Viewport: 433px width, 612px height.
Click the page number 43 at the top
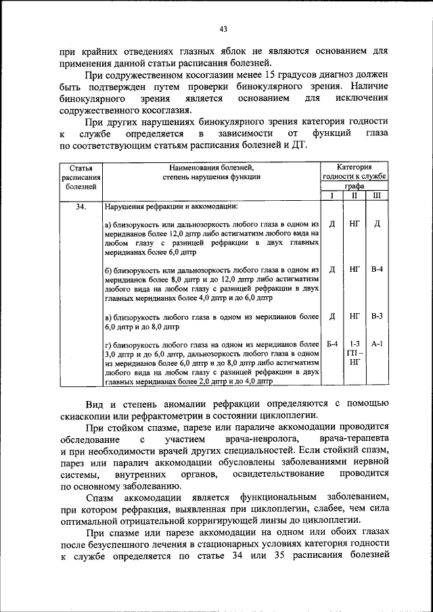(223, 28)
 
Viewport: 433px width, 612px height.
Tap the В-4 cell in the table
(377, 269)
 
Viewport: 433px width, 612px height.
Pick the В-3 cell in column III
(377, 316)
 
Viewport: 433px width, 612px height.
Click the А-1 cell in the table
(377, 344)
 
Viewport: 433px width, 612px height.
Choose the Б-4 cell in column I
(332, 344)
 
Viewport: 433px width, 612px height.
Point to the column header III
(377, 195)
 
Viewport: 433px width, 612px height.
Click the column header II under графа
(354, 195)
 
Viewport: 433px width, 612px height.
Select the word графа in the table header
(354, 186)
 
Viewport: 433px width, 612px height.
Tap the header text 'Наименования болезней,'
(211, 166)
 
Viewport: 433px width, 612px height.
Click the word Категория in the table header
(354, 166)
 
